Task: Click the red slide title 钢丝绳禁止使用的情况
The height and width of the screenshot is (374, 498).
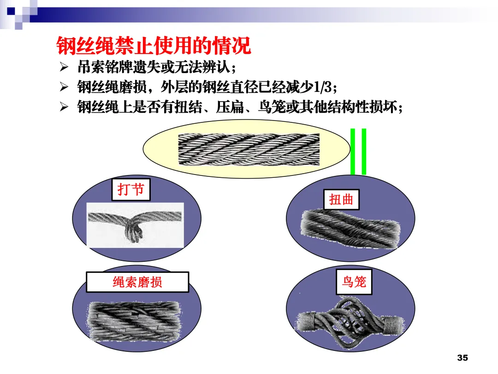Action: [x=154, y=45]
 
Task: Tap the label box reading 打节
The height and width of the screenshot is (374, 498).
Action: [x=131, y=190]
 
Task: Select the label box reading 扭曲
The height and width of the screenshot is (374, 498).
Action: [x=341, y=200]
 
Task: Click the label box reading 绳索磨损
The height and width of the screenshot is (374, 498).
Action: [x=137, y=282]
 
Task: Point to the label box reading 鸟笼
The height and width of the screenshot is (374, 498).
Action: [x=354, y=282]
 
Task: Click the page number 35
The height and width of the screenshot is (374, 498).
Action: [x=462, y=358]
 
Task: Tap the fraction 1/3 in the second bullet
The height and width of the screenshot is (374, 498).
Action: [x=322, y=87]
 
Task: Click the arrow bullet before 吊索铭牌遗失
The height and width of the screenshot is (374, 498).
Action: [x=64, y=67]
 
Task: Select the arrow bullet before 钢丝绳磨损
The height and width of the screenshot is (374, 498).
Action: [x=64, y=87]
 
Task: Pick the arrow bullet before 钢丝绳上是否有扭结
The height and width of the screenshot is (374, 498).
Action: [x=64, y=107]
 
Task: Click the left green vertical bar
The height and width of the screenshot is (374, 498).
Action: [x=353, y=152]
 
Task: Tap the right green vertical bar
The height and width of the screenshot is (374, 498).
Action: [x=364, y=152]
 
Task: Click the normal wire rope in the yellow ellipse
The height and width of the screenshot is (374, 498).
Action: [x=249, y=149]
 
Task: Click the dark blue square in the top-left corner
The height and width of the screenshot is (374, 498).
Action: [x=11, y=11]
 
